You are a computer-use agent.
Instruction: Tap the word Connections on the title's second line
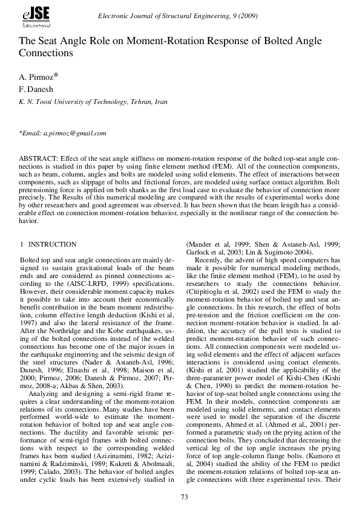tap(46, 53)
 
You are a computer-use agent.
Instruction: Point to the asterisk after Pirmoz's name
tap(56, 75)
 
